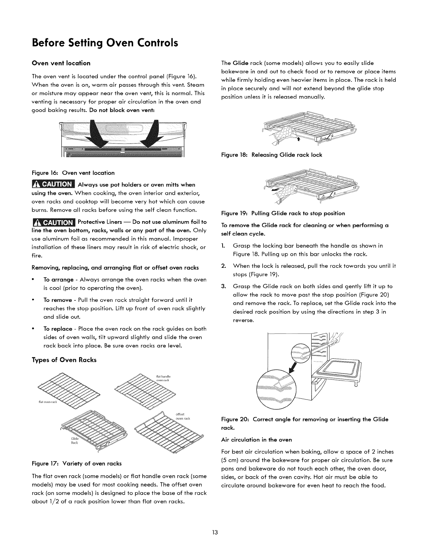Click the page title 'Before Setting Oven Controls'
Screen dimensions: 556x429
coord(105,43)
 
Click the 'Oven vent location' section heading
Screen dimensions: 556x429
coord(61,63)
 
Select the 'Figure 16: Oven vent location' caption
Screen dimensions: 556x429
coord(73,173)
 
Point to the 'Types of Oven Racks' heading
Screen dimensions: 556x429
coord(64,360)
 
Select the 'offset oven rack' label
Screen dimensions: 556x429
coord(182,416)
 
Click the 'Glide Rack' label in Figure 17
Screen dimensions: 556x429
coord(75,441)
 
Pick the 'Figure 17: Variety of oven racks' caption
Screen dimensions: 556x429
coord(76,463)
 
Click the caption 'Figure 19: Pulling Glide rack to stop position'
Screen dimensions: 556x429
coord(283,213)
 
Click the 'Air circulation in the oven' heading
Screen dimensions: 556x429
coord(257,439)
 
